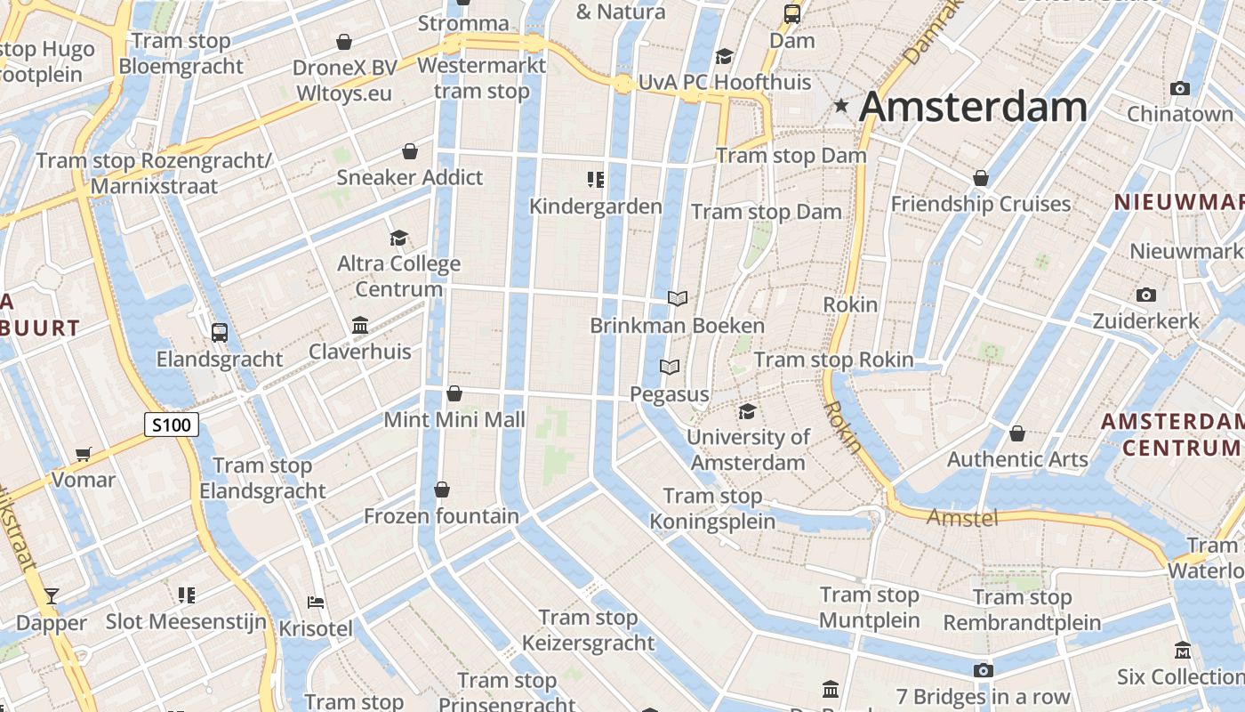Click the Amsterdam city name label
(973, 107)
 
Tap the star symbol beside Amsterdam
(841, 106)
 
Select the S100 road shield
(171, 425)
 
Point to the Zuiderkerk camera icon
(1146, 295)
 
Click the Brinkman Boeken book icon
(678, 298)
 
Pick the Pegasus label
(670, 394)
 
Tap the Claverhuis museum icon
(360, 325)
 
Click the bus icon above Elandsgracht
(220, 333)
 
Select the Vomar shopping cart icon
(84, 455)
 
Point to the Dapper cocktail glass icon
(52, 595)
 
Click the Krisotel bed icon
(315, 603)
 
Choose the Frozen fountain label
(441, 516)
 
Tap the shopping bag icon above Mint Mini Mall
(454, 392)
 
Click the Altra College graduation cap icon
(398, 238)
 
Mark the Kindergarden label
(596, 206)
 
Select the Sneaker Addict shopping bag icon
(410, 151)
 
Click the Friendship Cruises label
(981, 204)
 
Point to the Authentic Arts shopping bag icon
(1017, 433)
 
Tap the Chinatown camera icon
(1180, 88)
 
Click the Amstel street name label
(963, 517)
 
